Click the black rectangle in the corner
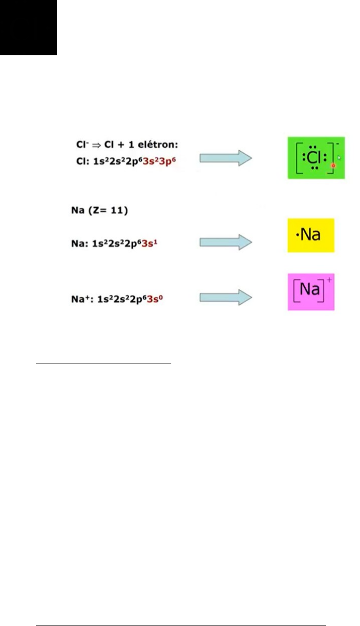click(28, 27)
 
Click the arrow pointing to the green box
click(226, 158)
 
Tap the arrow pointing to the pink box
click(226, 298)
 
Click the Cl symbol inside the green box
click(314, 158)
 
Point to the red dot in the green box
click(333, 165)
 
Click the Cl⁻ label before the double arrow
click(78, 145)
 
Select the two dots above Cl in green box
click(314, 147)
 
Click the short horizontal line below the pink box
click(104, 364)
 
